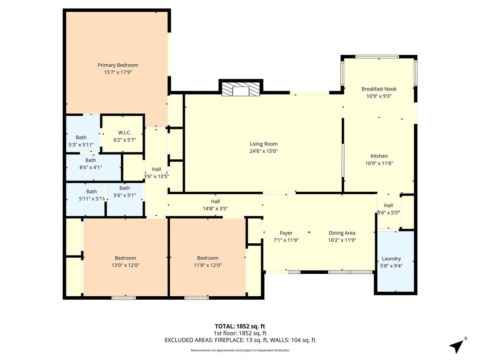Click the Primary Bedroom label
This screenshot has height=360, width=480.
tap(118, 65)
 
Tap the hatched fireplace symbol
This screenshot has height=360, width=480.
tap(240, 89)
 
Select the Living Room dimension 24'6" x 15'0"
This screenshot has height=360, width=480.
tap(263, 151)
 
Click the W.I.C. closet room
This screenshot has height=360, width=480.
tap(123, 134)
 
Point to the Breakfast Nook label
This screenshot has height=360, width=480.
tap(379, 89)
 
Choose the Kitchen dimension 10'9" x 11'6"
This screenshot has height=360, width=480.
tap(379, 163)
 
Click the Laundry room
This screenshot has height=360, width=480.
tap(396, 261)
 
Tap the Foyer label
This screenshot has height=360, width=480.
tap(286, 233)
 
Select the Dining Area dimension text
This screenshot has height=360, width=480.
tap(342, 240)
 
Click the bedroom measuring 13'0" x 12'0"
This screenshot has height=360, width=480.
tap(125, 257)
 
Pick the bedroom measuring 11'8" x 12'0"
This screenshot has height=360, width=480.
tap(208, 257)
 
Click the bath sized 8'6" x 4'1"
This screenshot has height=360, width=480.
tap(94, 167)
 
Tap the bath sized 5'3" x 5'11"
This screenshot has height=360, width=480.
tap(83, 134)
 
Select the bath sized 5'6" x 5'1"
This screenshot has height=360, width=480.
tap(125, 199)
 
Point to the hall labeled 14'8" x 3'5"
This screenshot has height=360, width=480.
tap(215, 205)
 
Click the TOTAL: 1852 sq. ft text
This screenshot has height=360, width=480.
tap(240, 326)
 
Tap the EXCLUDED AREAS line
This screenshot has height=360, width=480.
tap(240, 340)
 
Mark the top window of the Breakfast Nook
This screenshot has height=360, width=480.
tap(377, 57)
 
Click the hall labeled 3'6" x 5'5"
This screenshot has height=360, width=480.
tap(389, 211)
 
